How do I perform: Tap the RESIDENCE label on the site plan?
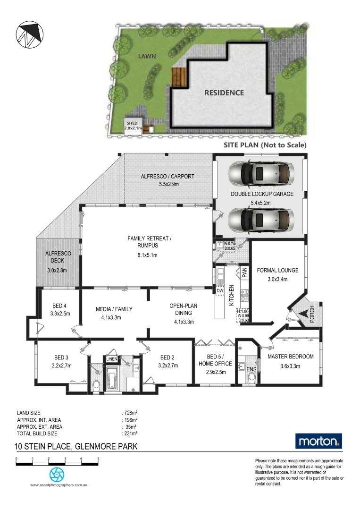224,93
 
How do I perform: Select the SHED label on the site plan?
132,123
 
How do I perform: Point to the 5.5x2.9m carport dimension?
167,185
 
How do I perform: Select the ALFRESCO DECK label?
58,257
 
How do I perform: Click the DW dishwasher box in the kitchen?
220,291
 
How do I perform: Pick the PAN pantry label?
244,272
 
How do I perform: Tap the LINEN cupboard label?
111,359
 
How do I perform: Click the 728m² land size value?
130,413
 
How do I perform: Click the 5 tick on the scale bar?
98,459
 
